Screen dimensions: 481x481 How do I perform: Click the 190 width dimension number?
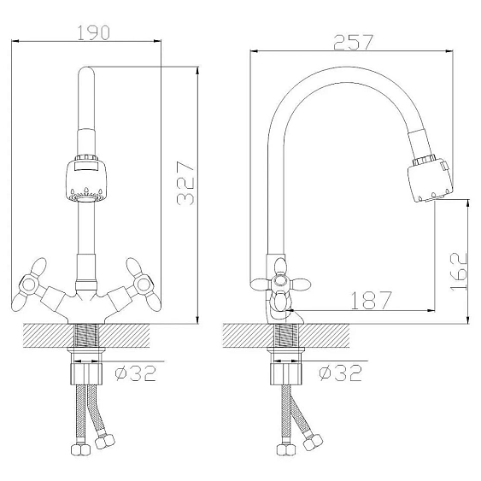pos(93,32)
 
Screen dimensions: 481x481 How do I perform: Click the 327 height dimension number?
pos(185,184)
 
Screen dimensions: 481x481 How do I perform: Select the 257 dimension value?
pos(354,42)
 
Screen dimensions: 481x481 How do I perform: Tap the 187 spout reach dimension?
pos(371,300)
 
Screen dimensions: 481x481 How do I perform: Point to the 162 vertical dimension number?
pos(458,272)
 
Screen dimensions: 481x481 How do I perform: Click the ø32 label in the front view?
pos(136,373)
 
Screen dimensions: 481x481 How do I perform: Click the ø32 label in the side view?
pos(341,372)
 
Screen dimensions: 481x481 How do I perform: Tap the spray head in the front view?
pos(86,179)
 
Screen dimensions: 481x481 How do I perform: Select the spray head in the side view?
pos(431,179)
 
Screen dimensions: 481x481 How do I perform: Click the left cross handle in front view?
pos(29,284)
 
